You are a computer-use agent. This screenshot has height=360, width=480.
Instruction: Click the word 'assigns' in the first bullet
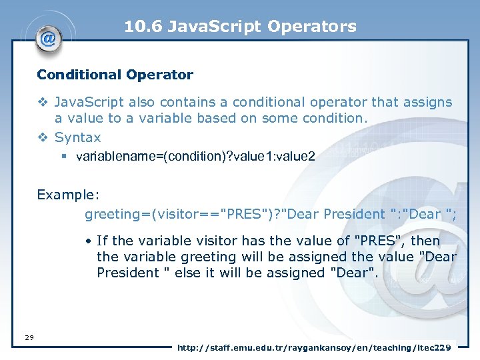click(427, 102)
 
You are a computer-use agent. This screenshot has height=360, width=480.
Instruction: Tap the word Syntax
click(78, 137)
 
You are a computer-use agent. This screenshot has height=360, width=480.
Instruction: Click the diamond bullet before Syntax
click(43, 137)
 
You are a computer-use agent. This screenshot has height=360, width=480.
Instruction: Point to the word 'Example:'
click(68, 194)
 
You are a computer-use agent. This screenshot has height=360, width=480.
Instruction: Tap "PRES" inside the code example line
click(248, 214)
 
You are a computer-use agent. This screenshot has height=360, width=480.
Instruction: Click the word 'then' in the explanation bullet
click(425, 240)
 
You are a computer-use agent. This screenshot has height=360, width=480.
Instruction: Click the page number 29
click(29, 338)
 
